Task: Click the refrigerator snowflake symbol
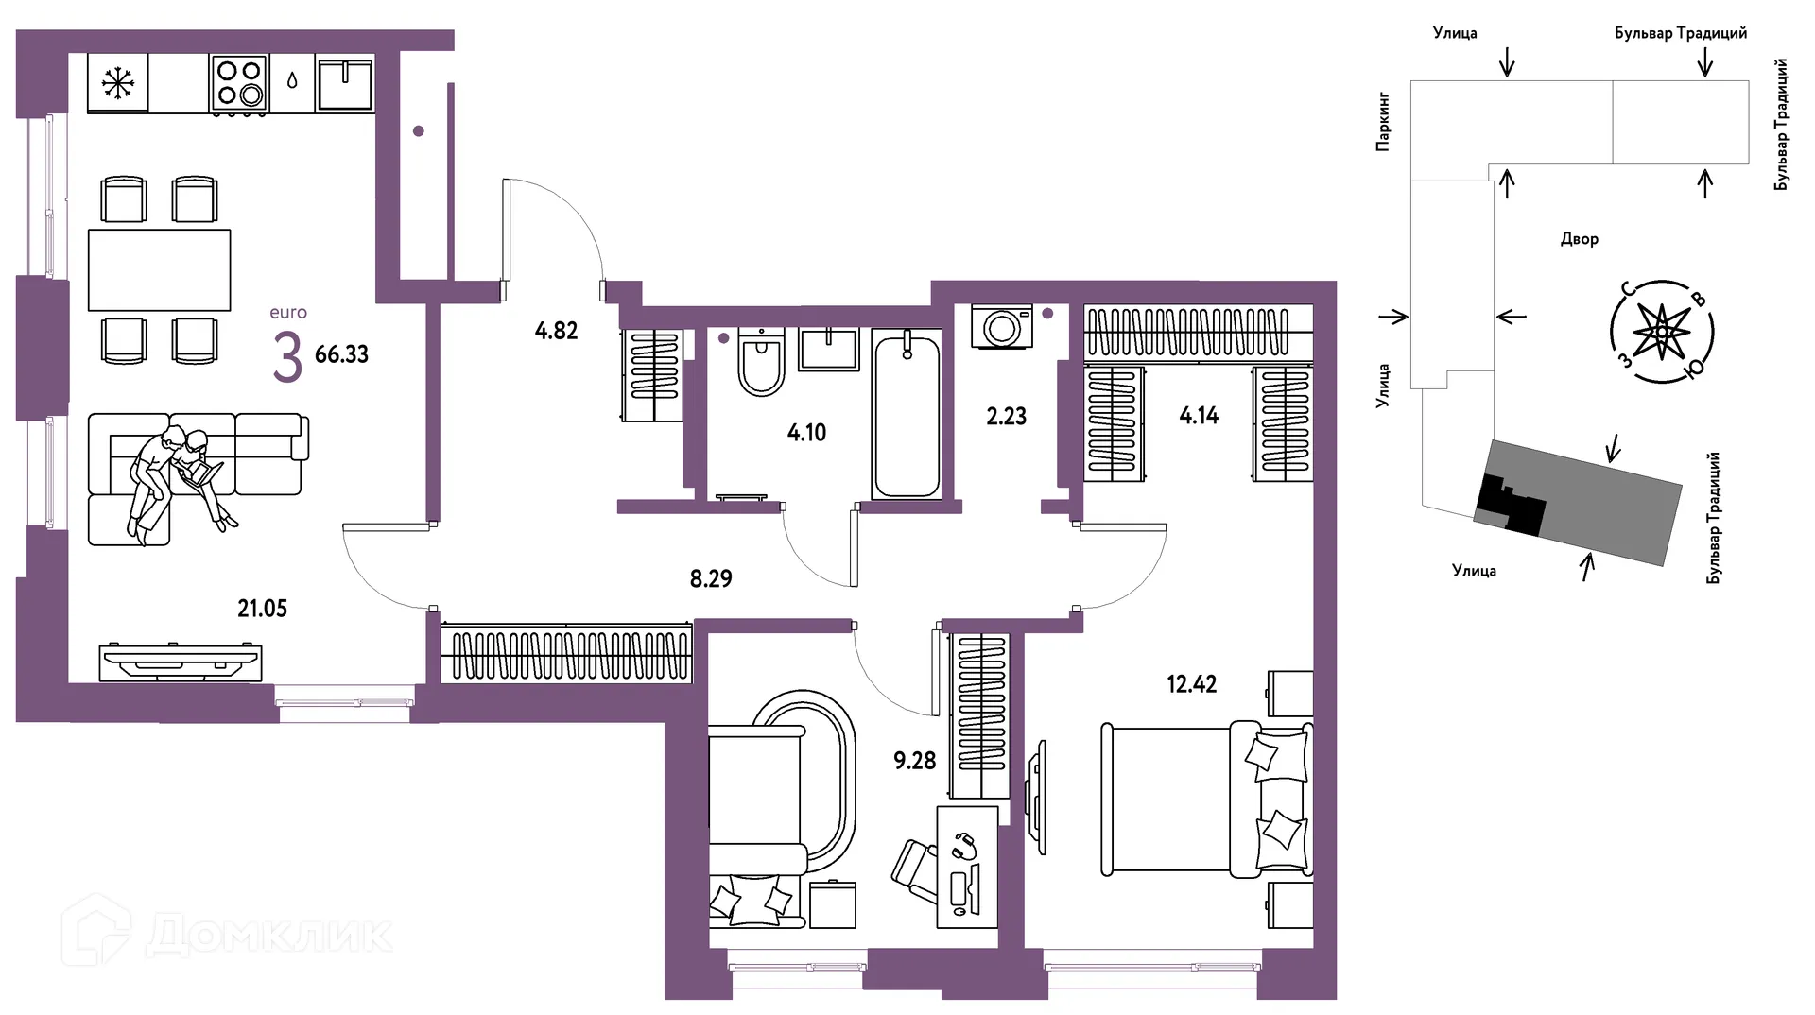(118, 84)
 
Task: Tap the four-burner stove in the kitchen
(239, 84)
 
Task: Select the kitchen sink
(346, 83)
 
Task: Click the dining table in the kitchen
(160, 270)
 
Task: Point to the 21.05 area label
(262, 609)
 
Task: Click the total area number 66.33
(341, 354)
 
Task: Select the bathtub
(907, 413)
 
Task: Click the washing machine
(1002, 327)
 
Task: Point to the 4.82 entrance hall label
(556, 331)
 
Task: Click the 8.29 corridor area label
(711, 578)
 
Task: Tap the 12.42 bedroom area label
(1192, 683)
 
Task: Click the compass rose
(1662, 332)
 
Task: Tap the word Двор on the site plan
(1580, 239)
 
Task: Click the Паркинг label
(1383, 122)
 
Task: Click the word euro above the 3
(288, 313)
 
